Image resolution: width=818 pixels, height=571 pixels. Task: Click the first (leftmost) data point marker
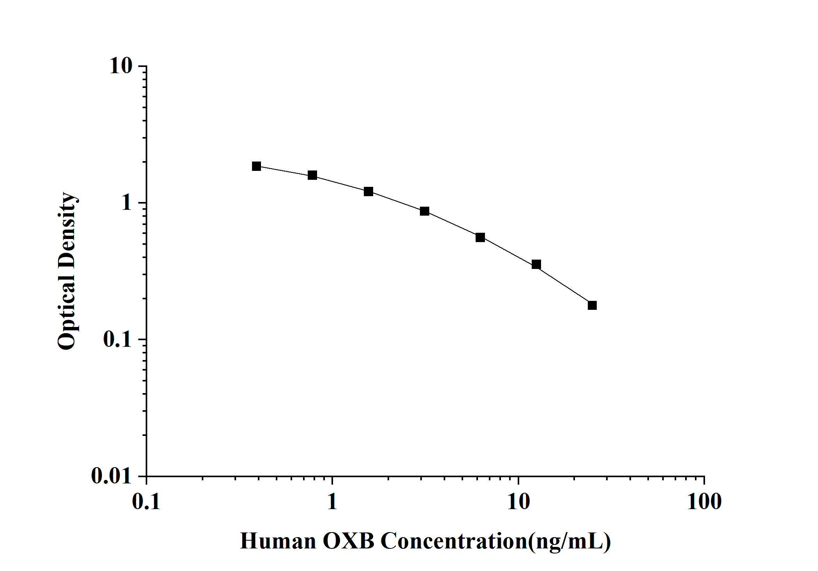click(256, 166)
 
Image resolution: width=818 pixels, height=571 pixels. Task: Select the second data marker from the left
click(312, 175)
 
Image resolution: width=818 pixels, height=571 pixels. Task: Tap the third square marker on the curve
click(368, 192)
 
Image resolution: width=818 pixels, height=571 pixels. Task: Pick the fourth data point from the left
click(425, 211)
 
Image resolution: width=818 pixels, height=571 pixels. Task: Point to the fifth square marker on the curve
click(480, 237)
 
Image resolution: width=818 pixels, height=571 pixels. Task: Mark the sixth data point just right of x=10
click(536, 265)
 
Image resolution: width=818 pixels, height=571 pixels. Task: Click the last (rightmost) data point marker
click(592, 306)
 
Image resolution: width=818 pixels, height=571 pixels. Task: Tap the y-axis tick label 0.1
click(118, 339)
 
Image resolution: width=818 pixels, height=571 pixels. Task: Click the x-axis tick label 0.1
click(146, 502)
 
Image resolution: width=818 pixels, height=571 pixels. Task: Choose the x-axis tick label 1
click(332, 502)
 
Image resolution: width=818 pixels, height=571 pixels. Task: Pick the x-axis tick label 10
click(518, 502)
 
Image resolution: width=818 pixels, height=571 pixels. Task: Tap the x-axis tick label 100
click(704, 502)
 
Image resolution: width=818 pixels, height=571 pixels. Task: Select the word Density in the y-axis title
click(67, 230)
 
